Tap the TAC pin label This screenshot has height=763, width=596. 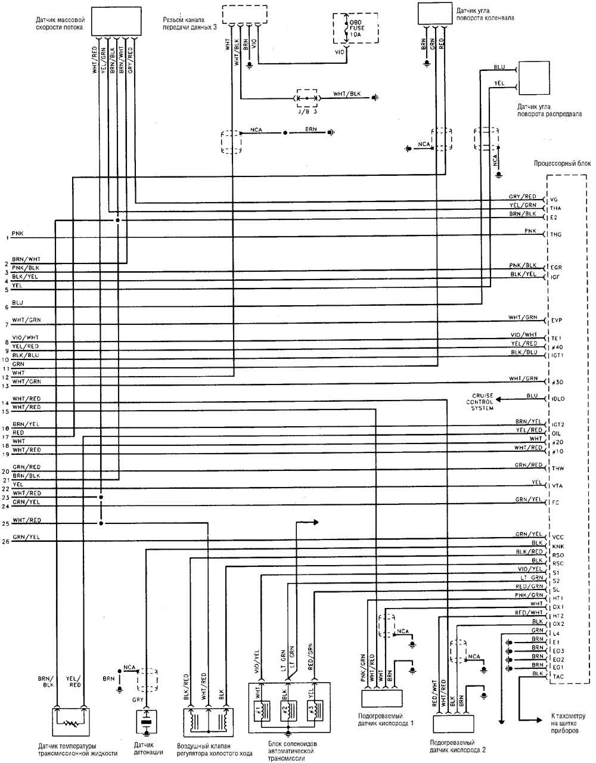point(557,677)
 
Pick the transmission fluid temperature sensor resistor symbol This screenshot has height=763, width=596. point(72,723)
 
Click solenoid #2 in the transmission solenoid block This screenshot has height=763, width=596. point(287,712)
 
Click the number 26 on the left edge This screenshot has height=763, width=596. point(6,542)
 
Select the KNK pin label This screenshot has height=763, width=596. point(557,546)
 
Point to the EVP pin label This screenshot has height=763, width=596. point(557,320)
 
